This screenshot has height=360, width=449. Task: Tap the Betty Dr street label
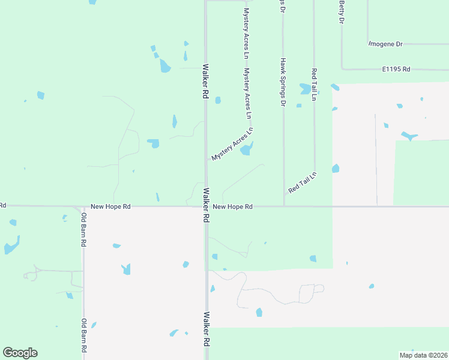click(x=342, y=12)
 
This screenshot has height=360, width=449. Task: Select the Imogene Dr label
click(x=385, y=44)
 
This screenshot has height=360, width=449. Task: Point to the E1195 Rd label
click(x=396, y=70)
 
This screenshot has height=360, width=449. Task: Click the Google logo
click(x=20, y=353)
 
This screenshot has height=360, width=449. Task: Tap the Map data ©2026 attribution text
click(x=423, y=355)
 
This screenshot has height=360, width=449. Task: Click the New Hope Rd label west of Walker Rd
click(x=110, y=206)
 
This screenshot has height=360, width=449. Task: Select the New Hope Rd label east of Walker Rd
click(x=232, y=206)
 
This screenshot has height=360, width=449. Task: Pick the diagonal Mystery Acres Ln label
click(x=232, y=145)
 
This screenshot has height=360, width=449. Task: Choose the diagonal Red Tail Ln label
click(x=302, y=182)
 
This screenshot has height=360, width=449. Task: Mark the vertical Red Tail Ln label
click(x=314, y=82)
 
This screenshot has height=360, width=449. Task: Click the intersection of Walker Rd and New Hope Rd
click(x=206, y=206)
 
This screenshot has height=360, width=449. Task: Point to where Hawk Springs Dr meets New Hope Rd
click(x=284, y=206)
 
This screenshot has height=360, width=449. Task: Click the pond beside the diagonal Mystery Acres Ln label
click(x=247, y=149)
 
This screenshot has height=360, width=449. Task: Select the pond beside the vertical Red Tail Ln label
click(x=305, y=89)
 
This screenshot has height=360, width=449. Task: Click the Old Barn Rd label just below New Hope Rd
click(x=85, y=230)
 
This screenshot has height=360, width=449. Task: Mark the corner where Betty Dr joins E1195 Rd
click(x=342, y=70)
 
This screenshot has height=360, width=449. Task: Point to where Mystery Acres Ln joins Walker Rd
click(x=207, y=160)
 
